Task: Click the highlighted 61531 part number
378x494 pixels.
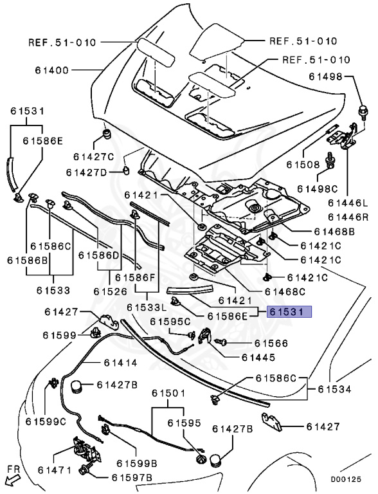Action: pyautogui.click(x=289, y=311)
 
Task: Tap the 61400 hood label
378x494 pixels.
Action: pyautogui.click(x=52, y=70)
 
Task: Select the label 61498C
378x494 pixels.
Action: pyautogui.click(x=318, y=188)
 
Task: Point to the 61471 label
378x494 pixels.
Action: pyautogui.click(x=55, y=470)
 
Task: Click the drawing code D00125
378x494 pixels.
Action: pyautogui.click(x=346, y=479)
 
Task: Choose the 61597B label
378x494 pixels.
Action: pyautogui.click(x=132, y=478)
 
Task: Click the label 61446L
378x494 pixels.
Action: pyautogui.click(x=348, y=203)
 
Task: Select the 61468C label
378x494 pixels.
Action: pyautogui.click(x=285, y=292)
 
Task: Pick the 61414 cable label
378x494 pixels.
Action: pyautogui.click(x=121, y=363)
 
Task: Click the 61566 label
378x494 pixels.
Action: pyautogui.click(x=271, y=343)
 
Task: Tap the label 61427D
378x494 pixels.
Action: pyautogui.click(x=86, y=172)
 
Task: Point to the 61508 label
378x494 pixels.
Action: pyautogui.click(x=303, y=164)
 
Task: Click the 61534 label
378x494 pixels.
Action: pyautogui.click(x=334, y=389)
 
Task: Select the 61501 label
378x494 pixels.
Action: pyautogui.click(x=168, y=393)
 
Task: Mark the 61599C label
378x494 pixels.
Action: pyautogui.click(x=46, y=421)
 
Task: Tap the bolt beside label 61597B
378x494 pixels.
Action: pyautogui.click(x=85, y=470)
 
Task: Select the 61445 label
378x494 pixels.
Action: pyautogui.click(x=258, y=357)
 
